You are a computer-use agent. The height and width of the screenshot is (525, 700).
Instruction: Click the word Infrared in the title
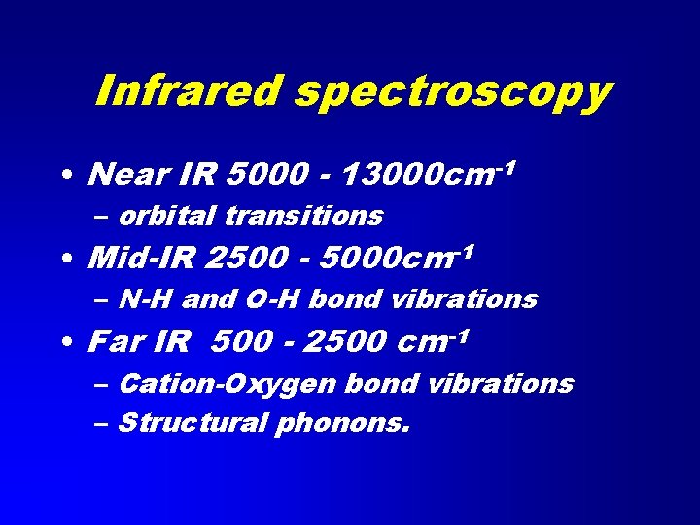(x=190, y=91)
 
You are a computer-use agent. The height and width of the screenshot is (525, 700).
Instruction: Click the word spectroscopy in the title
(x=453, y=93)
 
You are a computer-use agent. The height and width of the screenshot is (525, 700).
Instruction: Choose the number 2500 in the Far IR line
(x=338, y=342)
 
